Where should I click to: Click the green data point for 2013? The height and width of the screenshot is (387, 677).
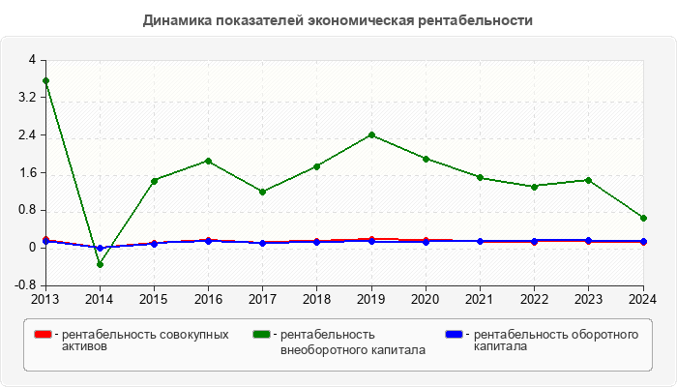[45, 81]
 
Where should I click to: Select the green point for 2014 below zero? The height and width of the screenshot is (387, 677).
[100, 264]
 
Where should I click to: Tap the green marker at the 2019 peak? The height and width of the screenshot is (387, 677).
[372, 135]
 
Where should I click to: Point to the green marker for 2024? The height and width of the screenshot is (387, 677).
[643, 219]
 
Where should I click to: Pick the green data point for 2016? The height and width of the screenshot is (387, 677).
[209, 162]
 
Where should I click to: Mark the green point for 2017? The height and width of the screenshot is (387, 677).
[263, 192]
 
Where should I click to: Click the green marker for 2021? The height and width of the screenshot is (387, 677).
[481, 177]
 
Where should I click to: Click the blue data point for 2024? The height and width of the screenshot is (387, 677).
[643, 242]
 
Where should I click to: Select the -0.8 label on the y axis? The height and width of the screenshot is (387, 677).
[24, 285]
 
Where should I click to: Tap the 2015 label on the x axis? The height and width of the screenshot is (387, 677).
[154, 298]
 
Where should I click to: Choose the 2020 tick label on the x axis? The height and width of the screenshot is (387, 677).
[426, 298]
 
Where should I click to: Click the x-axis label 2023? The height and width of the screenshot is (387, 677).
[589, 298]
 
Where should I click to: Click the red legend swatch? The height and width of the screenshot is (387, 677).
[42, 335]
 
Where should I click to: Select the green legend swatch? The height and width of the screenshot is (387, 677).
[261, 335]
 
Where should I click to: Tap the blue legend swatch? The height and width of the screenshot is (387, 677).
[454, 335]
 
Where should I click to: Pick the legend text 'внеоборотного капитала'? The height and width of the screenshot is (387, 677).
[352, 349]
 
